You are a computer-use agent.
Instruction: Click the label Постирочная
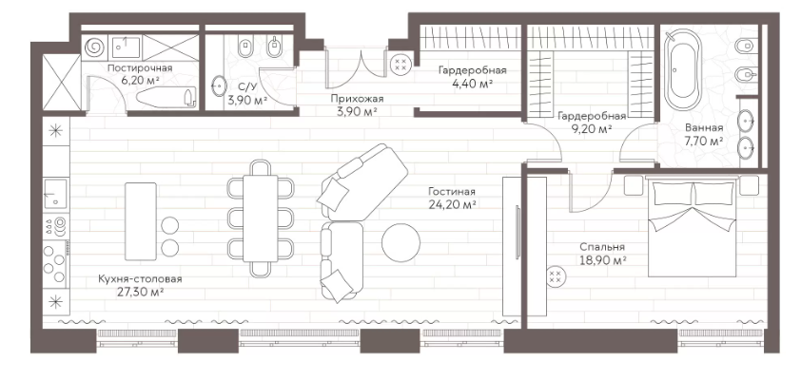pyautogui.click(x=140, y=67)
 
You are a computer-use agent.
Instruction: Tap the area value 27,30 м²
pyautogui.click(x=141, y=293)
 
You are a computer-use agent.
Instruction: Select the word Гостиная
pyautogui.click(x=452, y=192)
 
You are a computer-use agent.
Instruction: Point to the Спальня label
pyautogui.click(x=602, y=247)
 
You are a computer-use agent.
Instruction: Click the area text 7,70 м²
pyautogui.click(x=706, y=142)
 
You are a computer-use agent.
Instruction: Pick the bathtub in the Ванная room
pyautogui.click(x=682, y=70)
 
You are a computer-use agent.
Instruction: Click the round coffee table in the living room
pyautogui.click(x=401, y=243)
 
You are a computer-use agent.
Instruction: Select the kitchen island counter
pyautogui.click(x=141, y=221)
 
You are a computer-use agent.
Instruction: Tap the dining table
pyautogui.click(x=261, y=218)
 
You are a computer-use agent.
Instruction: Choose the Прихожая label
pyautogui.click(x=357, y=99)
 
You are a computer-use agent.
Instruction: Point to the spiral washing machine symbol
pyautogui.click(x=94, y=47)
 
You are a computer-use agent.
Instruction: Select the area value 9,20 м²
pyautogui.click(x=592, y=129)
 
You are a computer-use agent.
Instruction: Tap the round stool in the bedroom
pyautogui.click(x=555, y=277)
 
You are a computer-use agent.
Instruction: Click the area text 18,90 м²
pyautogui.click(x=603, y=260)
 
